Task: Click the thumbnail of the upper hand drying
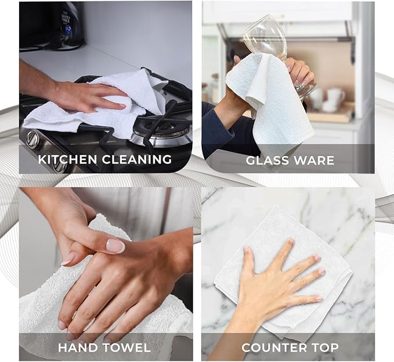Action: click(116, 246)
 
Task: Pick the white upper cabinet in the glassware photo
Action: click(279, 12)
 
